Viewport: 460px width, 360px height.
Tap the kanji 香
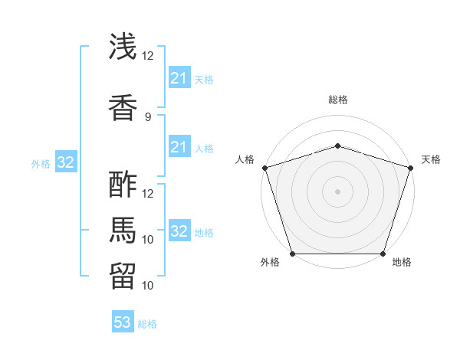123,106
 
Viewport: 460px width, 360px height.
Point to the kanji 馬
123,229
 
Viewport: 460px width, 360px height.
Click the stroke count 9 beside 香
147,116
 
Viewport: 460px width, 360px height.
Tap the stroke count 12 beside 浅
147,56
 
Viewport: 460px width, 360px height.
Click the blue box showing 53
123,322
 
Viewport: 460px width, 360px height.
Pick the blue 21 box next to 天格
179,78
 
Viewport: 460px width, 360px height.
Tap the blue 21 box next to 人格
179,147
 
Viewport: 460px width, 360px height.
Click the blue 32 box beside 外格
66,162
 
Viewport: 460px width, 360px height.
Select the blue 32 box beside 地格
179,231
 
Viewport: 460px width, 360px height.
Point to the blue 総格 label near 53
148,324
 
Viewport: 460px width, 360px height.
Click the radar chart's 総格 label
338,100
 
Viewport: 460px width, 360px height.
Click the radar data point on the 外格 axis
292,254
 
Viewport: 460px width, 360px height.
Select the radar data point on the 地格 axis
383,254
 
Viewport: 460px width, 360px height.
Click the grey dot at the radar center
337,191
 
